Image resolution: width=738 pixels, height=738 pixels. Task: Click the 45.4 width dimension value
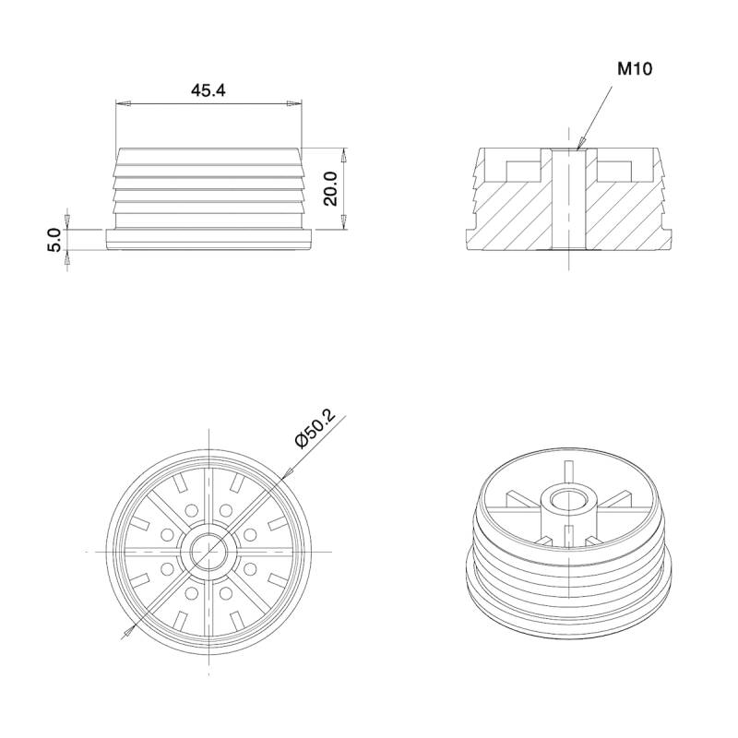point(208,89)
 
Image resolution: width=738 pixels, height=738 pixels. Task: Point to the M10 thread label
point(636,69)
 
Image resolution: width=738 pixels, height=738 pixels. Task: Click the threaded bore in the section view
point(570,198)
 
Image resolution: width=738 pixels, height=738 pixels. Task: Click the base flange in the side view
point(209,240)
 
